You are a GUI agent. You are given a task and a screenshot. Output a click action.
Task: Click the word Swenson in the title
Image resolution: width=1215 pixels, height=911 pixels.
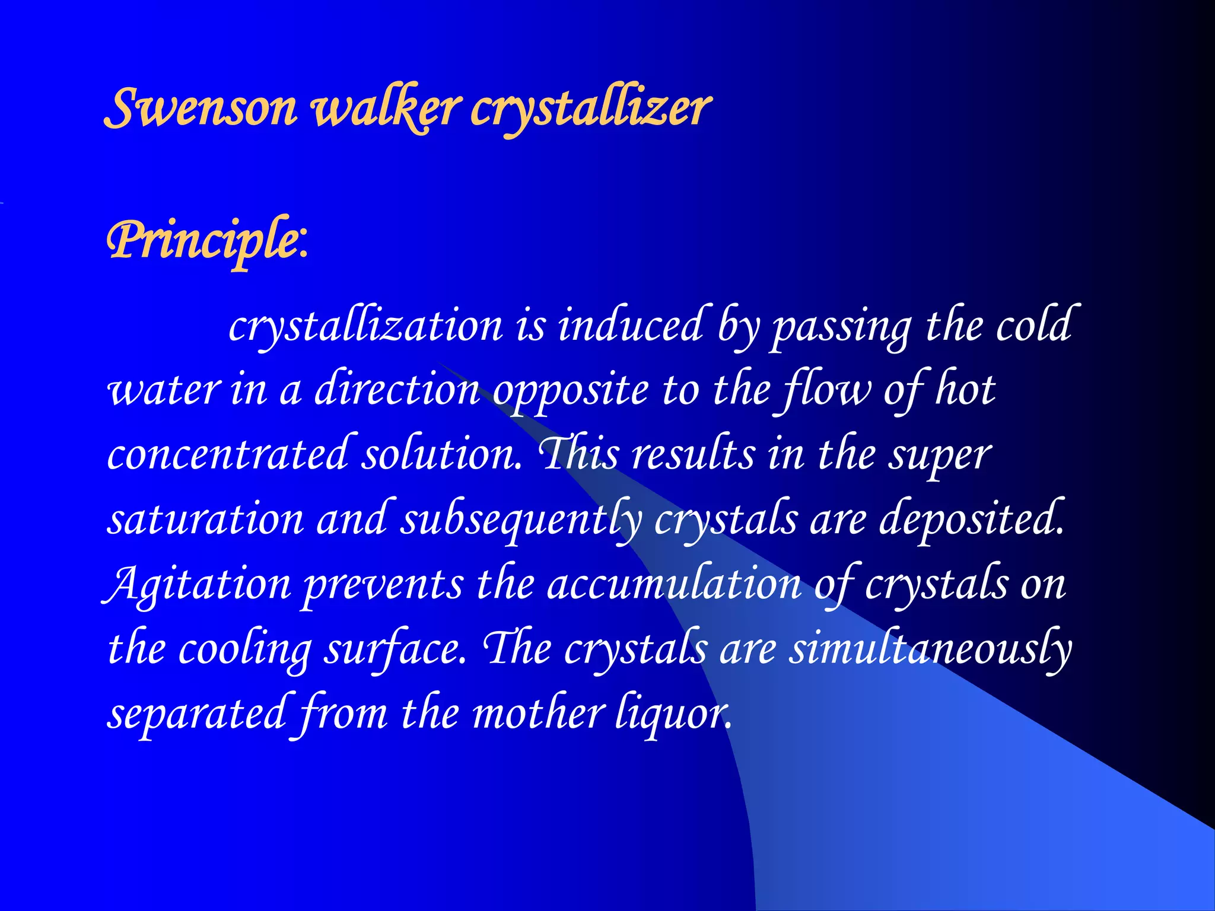(x=201, y=108)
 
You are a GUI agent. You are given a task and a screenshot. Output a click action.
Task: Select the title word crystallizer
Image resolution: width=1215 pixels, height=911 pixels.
(x=591, y=108)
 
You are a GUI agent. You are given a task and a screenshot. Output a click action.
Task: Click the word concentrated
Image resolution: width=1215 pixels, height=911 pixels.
(x=228, y=454)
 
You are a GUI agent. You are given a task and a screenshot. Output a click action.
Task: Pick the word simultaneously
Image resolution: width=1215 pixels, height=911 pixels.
(x=930, y=649)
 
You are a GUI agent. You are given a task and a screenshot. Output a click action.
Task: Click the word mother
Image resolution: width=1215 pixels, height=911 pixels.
(x=538, y=713)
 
